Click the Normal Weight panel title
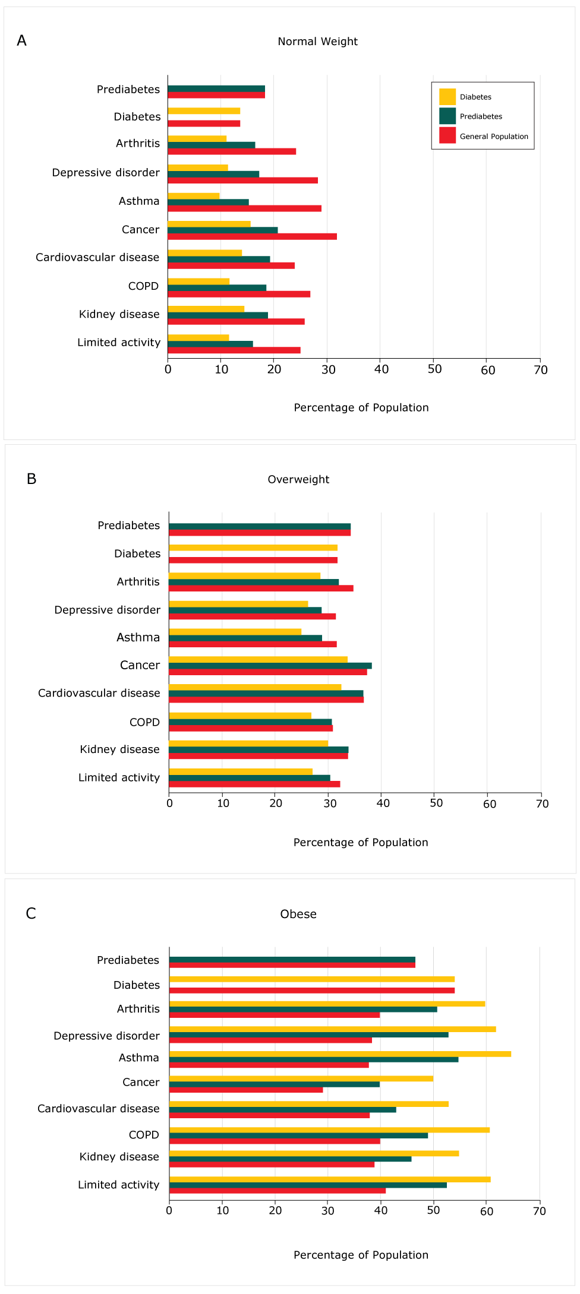coord(317,42)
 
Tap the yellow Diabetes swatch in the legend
coord(447,97)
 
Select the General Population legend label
coord(493,137)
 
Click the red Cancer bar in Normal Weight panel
coord(252,236)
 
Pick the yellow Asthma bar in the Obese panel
coord(340,1053)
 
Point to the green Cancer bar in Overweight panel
coord(270,666)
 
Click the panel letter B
coord(31,479)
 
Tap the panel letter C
coord(31,913)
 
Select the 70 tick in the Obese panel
coord(539,1211)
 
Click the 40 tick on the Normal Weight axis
coord(381,369)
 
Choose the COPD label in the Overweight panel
coord(144,722)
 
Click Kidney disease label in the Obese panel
coord(119,1156)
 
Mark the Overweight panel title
coord(298,479)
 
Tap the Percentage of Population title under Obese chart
coord(361,1255)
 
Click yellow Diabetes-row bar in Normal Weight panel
coord(204,110)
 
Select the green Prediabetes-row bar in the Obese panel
coord(292,959)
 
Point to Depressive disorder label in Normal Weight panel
coord(106,173)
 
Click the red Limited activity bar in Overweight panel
coord(254,784)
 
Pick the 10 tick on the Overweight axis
coord(223,803)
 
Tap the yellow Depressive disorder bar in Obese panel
coord(332,1029)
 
